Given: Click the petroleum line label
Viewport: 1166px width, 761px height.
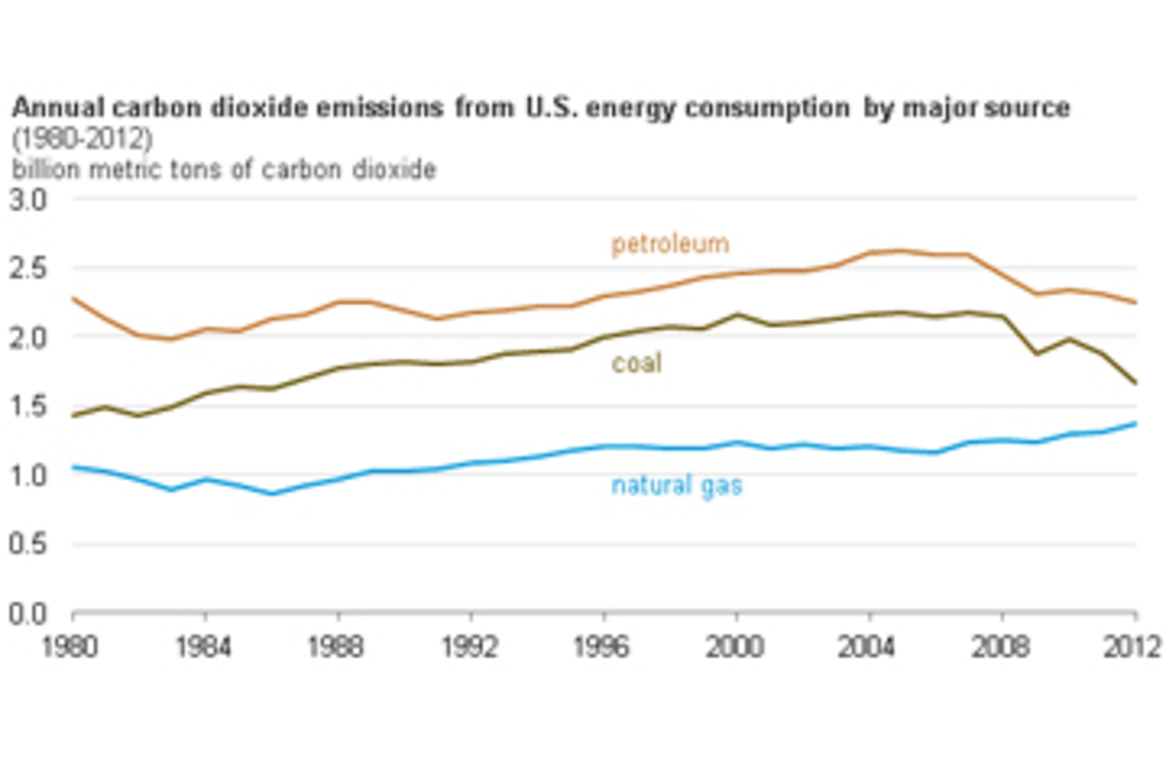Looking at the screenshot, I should point(670,244).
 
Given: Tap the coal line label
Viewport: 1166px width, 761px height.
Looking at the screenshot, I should point(636,363).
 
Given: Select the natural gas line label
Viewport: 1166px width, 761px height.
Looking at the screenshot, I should point(677,486).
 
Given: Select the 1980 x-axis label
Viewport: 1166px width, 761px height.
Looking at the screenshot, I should point(70,647).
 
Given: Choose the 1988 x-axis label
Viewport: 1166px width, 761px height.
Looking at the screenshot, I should point(336,647).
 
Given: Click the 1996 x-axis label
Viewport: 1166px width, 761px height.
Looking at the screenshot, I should point(602,647).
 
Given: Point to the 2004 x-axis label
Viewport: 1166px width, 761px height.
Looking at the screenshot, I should point(867,647).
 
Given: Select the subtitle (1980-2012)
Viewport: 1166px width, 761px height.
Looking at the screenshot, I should point(82,139).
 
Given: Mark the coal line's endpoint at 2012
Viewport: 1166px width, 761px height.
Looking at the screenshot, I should point(1135,383).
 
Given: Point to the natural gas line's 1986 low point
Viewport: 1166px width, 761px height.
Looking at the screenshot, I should point(272,494).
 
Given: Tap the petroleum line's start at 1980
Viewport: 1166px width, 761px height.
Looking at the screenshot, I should point(73,298).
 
